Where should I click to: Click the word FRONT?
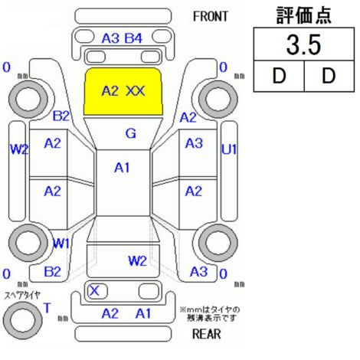210,17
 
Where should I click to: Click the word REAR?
207,334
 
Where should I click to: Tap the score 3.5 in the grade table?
303,45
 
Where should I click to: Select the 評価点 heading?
304,15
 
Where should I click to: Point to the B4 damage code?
133,39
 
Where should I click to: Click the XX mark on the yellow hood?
136,91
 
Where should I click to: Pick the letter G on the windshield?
131,133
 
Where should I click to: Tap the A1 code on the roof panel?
122,168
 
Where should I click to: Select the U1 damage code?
229,149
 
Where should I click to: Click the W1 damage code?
61,244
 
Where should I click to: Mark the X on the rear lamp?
94,290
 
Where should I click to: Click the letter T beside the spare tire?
47,308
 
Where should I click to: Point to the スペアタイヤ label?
22,296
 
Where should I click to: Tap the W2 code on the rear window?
137,261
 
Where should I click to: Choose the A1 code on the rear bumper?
143,313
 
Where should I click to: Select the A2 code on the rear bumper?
110,313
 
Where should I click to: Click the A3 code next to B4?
110,39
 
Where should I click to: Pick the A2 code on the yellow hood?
110,91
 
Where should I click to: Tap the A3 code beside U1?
194,143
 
